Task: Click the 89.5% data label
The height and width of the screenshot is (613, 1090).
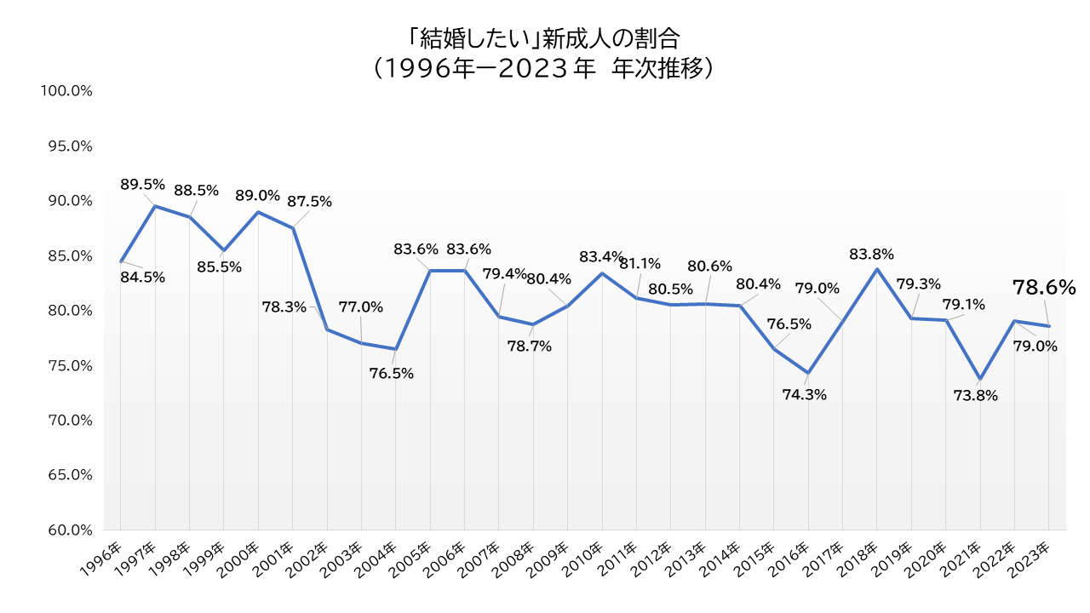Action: coord(142,185)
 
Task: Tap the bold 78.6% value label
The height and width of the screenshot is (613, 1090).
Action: coord(1044,288)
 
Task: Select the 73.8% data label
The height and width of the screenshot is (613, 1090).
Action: coord(976,395)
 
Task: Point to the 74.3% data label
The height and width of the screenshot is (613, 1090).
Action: coord(805,394)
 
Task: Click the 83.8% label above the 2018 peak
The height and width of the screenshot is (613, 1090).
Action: coord(871,254)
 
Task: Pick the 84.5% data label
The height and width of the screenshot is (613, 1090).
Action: coord(142,277)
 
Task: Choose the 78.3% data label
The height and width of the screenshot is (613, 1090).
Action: coord(284,306)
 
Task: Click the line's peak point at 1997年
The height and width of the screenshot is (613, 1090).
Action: coord(155,206)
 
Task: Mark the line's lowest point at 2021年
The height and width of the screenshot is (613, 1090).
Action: coord(980,379)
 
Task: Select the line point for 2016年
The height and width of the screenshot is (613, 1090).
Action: coord(808,373)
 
